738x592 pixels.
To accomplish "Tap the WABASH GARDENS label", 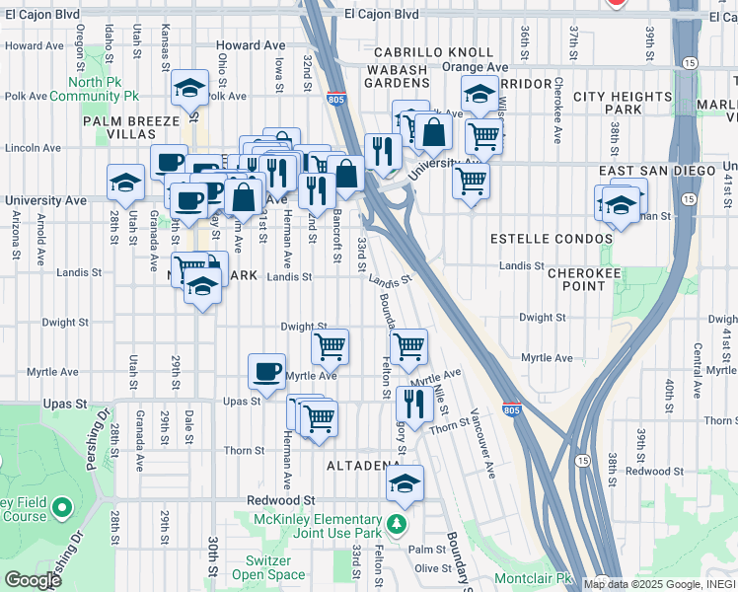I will click(x=398, y=77).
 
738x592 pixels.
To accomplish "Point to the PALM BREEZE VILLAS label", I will click(x=134, y=127).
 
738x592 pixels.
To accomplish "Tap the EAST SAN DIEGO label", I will click(x=656, y=171).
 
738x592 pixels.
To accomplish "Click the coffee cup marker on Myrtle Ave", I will click(x=266, y=371).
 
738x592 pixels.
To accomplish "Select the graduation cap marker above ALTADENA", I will click(x=405, y=483).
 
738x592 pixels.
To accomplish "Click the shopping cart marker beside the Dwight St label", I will click(x=330, y=345).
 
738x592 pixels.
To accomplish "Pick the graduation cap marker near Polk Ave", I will click(x=189, y=88).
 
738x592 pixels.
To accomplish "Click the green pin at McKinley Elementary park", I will click(x=396, y=522).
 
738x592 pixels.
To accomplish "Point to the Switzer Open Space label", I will click(x=268, y=567).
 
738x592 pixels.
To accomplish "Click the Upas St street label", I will click(x=242, y=402).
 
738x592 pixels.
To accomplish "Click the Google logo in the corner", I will click(x=33, y=580).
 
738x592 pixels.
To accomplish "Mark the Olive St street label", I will click(x=432, y=567).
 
